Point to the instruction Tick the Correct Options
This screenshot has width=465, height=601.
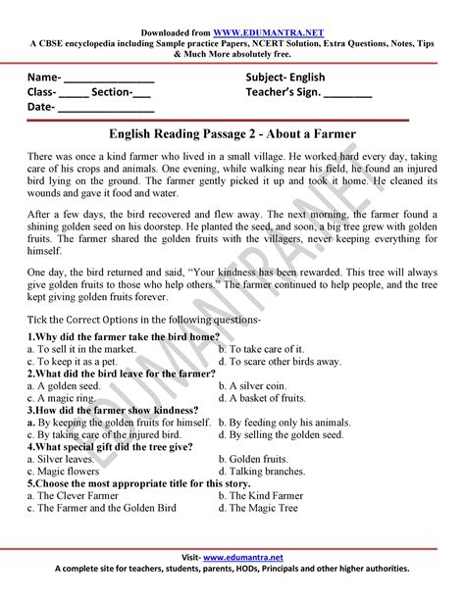point(143,319)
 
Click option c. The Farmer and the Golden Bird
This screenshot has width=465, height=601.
point(102,508)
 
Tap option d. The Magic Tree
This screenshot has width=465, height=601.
point(263,508)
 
